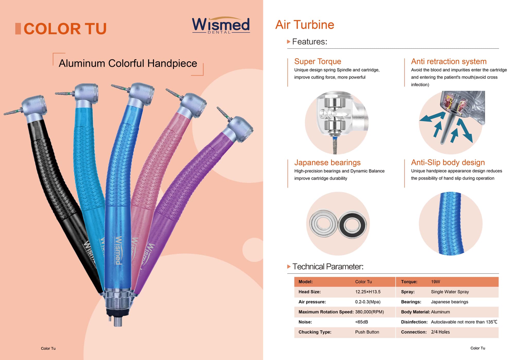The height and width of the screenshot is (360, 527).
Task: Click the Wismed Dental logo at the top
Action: coord(221,25)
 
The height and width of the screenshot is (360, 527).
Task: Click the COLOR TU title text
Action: coord(65,29)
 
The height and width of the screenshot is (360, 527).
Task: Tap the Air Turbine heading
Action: coord(305,25)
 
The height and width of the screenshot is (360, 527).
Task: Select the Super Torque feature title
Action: coord(318,61)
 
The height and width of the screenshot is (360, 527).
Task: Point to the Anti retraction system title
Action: coord(449,61)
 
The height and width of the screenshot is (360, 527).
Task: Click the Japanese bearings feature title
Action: coord(327,162)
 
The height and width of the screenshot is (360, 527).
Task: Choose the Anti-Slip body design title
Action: coord(448,162)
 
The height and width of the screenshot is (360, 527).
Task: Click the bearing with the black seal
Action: coord(352,225)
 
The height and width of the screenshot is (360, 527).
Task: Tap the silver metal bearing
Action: coord(323,223)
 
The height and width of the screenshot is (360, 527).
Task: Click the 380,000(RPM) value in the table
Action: coord(370,312)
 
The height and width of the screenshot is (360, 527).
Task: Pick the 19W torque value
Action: coord(436,282)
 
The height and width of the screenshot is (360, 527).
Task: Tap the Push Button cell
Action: coord(367,332)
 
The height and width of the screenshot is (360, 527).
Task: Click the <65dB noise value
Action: coord(362,322)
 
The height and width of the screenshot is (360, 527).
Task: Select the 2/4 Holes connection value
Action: coord(440,332)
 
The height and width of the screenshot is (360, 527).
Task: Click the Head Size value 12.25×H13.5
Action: coord(368,292)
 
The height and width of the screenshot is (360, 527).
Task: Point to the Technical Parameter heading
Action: coord(328,267)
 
